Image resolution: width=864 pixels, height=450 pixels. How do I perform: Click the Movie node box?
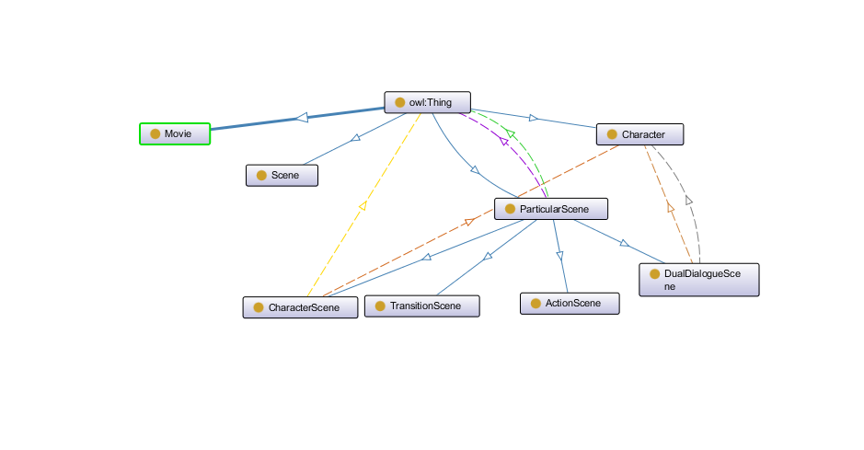coord(175,134)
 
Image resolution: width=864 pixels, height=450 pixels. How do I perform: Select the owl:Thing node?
coord(428,102)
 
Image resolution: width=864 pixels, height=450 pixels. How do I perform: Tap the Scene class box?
coord(282,175)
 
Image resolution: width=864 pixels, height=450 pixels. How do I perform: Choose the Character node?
coord(641,134)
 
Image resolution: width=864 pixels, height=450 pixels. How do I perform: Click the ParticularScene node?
coord(551,209)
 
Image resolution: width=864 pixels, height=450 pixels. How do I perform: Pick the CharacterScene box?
coord(300,307)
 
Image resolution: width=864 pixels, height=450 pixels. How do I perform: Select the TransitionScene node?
coord(422,306)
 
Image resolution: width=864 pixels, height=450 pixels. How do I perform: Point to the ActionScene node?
coord(570,303)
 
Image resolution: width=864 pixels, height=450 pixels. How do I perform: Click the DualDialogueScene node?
coord(699,280)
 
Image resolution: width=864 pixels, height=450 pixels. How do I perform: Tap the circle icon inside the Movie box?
coord(156,134)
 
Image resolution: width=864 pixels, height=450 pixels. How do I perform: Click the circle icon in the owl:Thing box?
coord(399,102)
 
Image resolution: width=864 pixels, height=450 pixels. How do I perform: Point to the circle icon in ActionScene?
coord(536,303)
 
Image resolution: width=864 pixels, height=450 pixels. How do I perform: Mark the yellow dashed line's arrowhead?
coord(362,206)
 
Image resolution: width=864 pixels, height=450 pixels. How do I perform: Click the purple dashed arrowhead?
coord(503,142)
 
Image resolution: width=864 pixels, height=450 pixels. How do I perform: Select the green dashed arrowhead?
coord(512,134)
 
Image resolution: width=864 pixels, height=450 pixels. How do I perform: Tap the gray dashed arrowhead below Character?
coord(689,200)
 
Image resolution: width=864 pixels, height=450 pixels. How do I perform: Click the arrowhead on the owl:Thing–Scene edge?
coord(356,138)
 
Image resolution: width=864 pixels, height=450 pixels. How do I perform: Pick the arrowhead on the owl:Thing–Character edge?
coord(533,117)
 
